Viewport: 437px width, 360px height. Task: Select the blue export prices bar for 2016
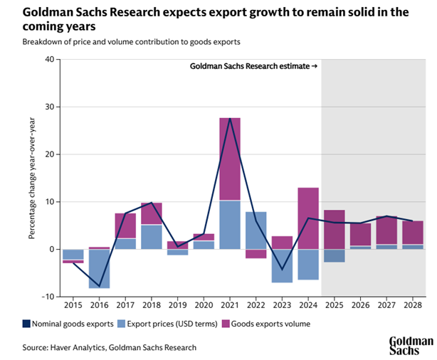pos(99,269)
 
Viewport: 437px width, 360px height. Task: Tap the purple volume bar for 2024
pos(307,218)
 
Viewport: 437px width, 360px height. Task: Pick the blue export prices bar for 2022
pos(256,231)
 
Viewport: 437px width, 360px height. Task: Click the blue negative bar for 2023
pos(282,265)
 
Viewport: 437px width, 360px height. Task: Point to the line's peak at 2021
pos(229,118)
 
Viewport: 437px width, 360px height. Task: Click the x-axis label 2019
pos(177,305)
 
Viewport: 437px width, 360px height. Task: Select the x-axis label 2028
pos(412,305)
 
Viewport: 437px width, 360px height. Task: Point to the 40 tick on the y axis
pos(49,60)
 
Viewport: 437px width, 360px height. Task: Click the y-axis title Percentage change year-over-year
pos(33,178)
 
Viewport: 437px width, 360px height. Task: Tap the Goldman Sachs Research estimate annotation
pos(253,66)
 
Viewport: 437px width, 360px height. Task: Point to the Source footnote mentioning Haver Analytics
pos(109,347)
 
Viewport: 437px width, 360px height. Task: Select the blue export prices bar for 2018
pos(151,236)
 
